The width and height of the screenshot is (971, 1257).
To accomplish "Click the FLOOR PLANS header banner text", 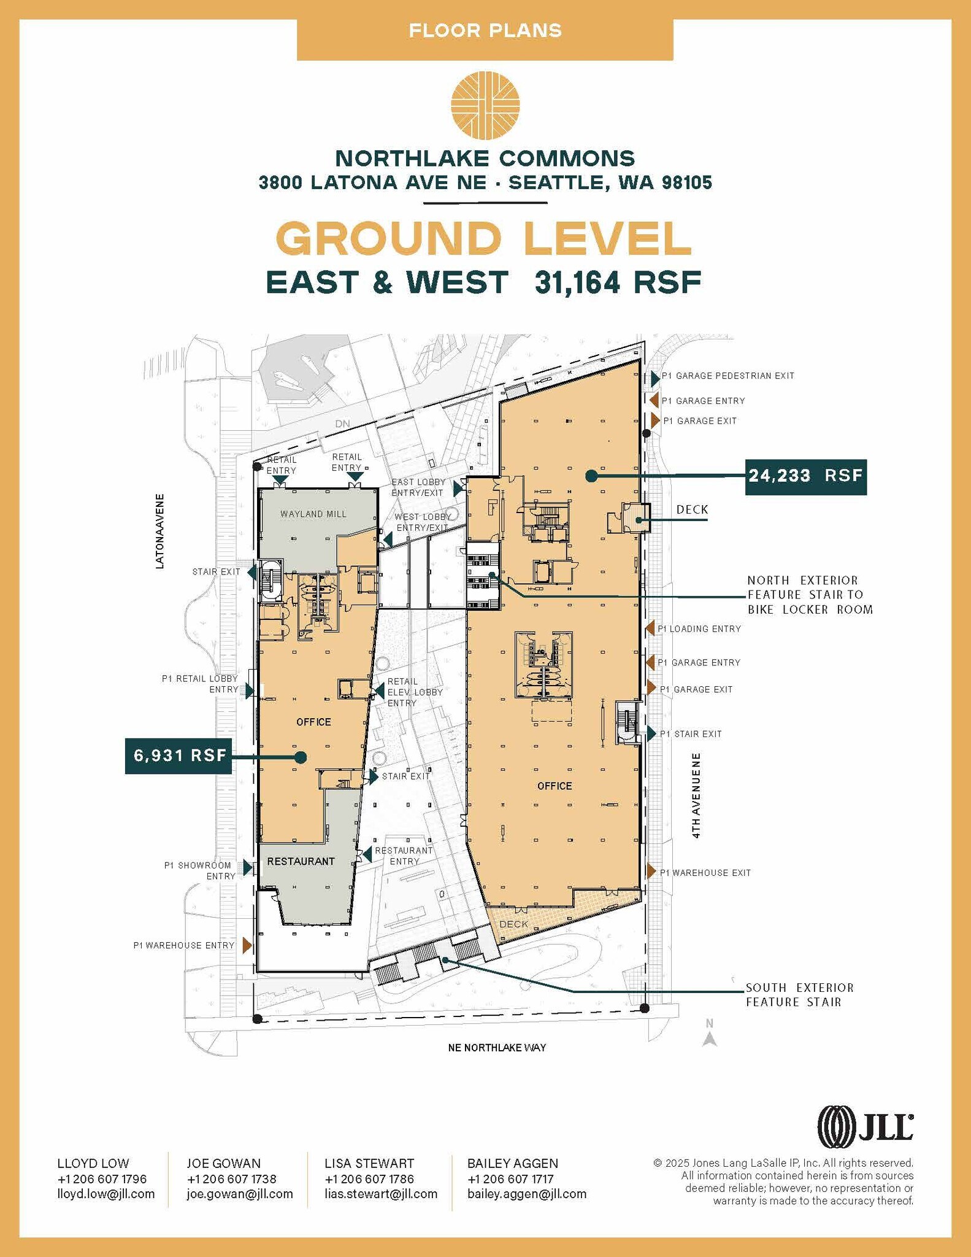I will point(485,31).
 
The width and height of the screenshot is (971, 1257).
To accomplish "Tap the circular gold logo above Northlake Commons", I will point(485,106).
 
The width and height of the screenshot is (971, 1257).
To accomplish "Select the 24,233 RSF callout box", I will point(805,476).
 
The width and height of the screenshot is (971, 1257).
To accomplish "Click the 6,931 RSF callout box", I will point(179,756).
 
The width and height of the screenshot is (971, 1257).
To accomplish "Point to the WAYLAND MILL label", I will point(313,514).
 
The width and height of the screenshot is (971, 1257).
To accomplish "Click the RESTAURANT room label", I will point(301,862).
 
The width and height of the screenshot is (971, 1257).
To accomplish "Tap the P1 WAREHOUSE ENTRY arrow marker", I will point(247,945).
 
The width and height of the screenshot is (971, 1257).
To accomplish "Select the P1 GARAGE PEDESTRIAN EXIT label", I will point(727,376).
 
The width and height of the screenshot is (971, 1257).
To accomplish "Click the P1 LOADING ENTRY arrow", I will point(650,628).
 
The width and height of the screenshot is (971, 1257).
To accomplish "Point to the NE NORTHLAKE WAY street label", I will point(497,1048).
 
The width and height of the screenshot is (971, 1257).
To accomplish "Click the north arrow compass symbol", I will point(710,1037).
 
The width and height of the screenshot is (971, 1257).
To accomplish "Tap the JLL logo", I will point(865,1127).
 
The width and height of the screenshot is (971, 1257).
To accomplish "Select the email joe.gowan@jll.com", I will point(240,1194).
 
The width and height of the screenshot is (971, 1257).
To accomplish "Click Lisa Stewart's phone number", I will point(369,1179).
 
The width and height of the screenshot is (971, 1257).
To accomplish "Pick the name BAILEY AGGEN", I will point(513,1164).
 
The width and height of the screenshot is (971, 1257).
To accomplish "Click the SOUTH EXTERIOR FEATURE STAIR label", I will point(799,995).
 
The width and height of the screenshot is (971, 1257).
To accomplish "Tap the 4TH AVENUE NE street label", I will point(696,795).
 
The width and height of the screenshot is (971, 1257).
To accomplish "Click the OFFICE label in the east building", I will point(554,786).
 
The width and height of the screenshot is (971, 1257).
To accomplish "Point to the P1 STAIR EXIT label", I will point(691,734).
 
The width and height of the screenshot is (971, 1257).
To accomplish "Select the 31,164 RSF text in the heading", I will point(618,283).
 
